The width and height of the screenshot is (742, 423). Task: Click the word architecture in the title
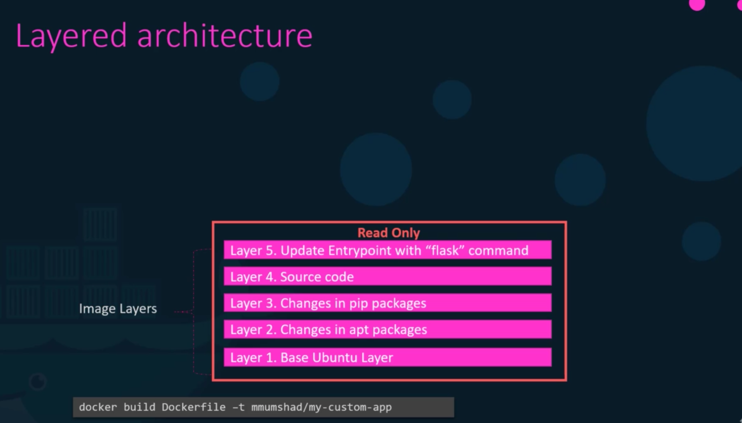(224, 36)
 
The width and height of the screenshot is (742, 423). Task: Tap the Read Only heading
(389, 233)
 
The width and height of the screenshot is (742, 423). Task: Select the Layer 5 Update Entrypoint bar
(387, 250)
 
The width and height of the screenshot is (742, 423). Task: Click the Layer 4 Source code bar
(387, 276)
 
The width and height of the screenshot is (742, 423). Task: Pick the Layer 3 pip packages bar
(387, 303)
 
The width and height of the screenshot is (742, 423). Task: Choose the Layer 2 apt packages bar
(387, 329)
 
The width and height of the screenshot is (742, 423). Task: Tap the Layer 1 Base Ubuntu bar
(387, 357)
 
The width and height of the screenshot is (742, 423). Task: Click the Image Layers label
(118, 309)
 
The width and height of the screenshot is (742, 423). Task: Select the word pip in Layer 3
(358, 304)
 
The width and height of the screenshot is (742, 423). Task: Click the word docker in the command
(98, 407)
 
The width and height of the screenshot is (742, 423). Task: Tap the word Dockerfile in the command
(194, 407)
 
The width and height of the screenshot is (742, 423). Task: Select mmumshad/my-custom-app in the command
(321, 407)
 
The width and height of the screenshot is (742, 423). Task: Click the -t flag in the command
(238, 407)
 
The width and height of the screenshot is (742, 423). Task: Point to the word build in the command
(139, 407)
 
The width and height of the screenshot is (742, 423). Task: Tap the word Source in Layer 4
(299, 277)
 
